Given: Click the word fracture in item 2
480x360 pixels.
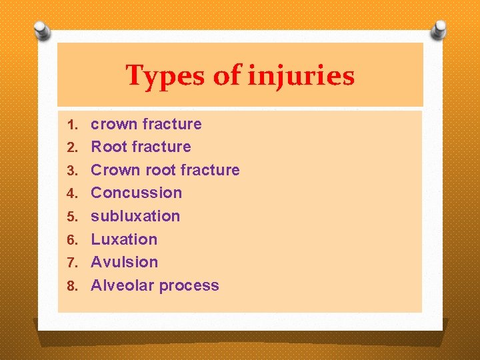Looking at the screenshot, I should tap(161, 147).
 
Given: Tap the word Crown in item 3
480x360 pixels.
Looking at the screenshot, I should tap(114, 170).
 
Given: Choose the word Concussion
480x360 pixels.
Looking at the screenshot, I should tap(136, 193).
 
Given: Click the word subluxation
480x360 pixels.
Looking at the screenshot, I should tap(135, 216).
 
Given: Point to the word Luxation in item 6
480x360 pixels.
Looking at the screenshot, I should tap(124, 239).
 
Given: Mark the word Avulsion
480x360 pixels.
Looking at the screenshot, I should tap(124, 262).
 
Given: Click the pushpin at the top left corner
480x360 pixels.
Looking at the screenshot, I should tap(42, 29).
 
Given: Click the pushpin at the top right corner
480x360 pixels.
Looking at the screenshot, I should tap(439, 28).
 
